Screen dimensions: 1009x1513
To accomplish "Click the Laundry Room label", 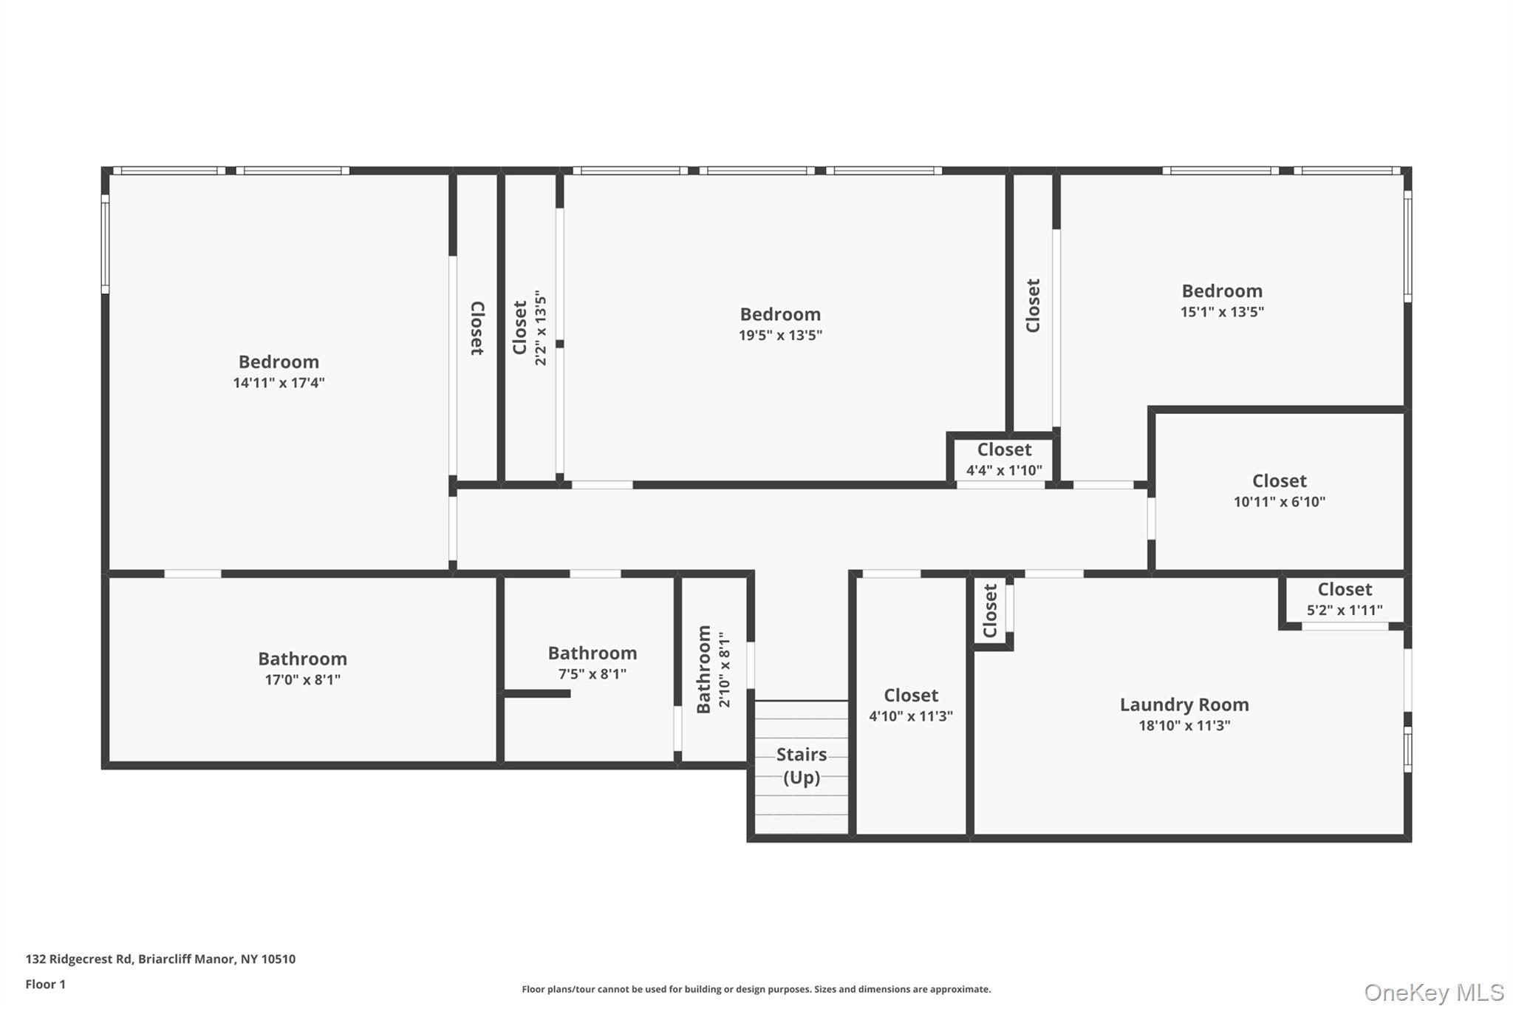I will [1184, 704].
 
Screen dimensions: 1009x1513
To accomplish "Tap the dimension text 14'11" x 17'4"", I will [279, 383].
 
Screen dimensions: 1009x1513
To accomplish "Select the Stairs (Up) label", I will [802, 766].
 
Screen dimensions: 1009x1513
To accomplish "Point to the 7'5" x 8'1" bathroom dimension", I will [592, 674].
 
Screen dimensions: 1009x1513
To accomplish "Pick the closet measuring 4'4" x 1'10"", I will [1004, 460].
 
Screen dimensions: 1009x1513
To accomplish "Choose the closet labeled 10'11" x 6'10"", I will [1279, 491].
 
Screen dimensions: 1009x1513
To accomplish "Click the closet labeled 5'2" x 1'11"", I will [1345, 599].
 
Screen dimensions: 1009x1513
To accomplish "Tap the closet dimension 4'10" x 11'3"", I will [911, 716].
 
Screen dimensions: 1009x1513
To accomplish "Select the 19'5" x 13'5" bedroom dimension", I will [780, 336].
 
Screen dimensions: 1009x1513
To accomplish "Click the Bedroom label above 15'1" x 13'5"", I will [1222, 291].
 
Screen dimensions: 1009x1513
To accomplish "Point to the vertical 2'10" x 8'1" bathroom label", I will [714, 669].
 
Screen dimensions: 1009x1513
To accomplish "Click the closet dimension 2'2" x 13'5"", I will [541, 327].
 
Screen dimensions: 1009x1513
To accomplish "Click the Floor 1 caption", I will [45, 985].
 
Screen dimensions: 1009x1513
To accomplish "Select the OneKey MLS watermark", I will [1433, 992].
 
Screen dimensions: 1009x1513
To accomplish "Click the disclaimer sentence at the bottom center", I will [756, 989].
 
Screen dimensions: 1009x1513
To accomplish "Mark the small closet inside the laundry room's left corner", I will [990, 611].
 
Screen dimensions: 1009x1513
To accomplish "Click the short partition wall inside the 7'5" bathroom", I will [537, 693].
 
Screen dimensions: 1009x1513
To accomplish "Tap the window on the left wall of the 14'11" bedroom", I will [106, 244].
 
